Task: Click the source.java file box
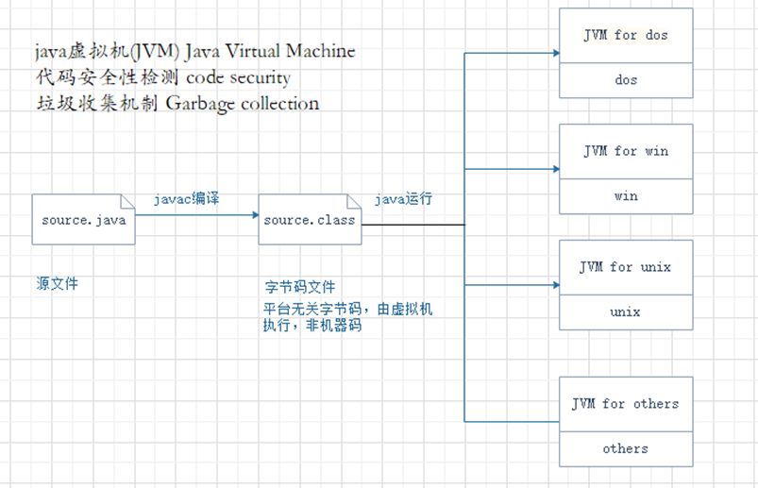(83, 220)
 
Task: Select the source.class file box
(310, 220)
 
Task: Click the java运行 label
(404, 199)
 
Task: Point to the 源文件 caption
(57, 283)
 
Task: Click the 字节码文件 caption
(298, 286)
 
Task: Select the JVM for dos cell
(625, 35)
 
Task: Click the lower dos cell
(625, 80)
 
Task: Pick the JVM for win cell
(625, 151)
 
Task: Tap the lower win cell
(625, 196)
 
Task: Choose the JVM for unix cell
(625, 267)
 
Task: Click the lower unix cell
(625, 311)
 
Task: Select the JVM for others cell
(625, 403)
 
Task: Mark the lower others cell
(625, 448)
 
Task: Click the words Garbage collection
(243, 103)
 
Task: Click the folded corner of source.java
(127, 201)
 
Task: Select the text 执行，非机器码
(312, 326)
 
